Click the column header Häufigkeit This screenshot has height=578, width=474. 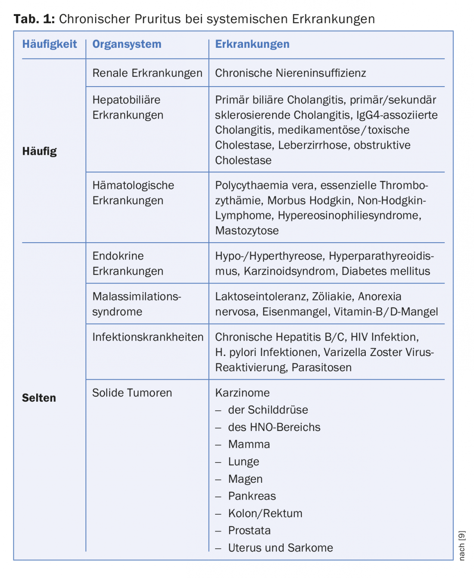point(50,44)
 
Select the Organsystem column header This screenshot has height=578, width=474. point(127,44)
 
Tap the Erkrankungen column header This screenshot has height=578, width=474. point(252,44)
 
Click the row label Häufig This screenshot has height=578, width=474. point(40,151)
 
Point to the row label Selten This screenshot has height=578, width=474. point(39,398)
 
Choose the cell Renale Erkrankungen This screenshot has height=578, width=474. point(147,73)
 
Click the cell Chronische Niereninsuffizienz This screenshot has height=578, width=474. point(290,73)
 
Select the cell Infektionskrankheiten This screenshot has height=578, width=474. point(147,337)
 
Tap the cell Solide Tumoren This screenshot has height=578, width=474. point(132,393)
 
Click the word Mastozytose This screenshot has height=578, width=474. point(247,231)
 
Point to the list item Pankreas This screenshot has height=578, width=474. point(252,496)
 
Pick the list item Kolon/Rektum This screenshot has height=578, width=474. point(265,513)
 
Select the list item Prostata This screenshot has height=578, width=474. point(249,531)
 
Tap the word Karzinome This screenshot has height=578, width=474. point(242,393)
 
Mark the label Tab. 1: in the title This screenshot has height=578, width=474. point(34,19)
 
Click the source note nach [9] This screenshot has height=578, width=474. point(462,545)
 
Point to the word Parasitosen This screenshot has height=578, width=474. point(321,368)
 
